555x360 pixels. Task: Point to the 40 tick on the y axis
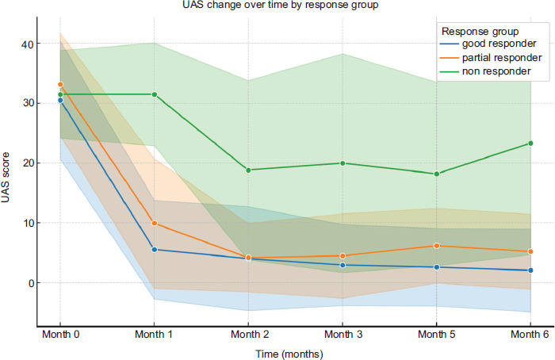(28, 44)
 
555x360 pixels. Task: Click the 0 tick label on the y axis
(31, 283)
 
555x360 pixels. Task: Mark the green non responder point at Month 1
(154, 94)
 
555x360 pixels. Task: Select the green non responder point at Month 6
(530, 144)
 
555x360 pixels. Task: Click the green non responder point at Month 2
(248, 170)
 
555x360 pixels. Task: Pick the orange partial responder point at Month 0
(60, 84)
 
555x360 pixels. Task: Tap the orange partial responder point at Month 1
(154, 224)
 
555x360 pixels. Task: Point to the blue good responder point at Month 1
(154, 250)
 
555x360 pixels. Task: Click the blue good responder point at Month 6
(530, 270)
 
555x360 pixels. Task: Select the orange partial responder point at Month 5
(436, 246)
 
